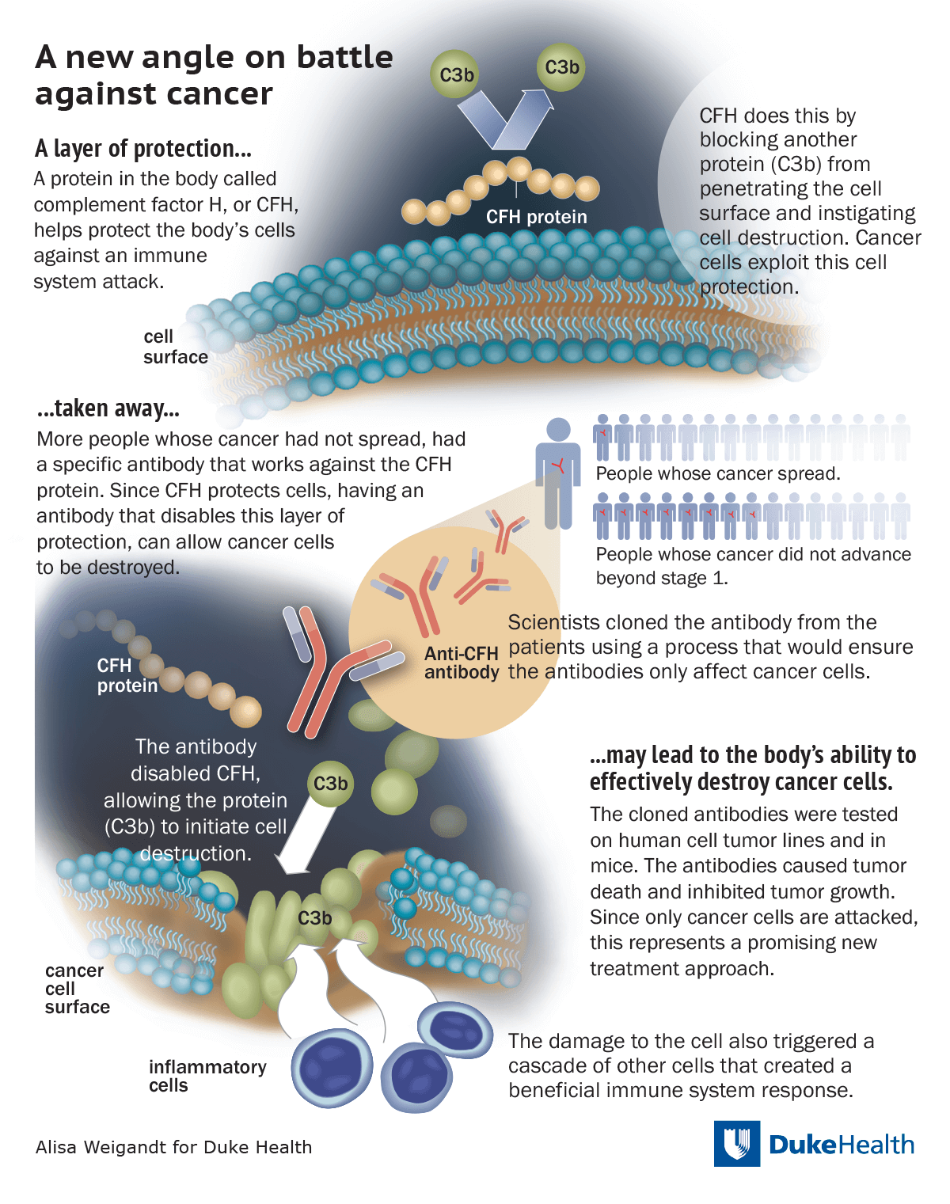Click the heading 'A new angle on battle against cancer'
[x=214, y=75]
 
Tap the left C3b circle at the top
[x=456, y=75]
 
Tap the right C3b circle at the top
[x=561, y=68]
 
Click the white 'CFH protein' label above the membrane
[x=536, y=217]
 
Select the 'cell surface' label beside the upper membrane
[x=175, y=347]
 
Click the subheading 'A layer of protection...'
[x=143, y=149]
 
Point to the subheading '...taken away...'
[x=108, y=408]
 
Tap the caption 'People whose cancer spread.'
[x=717, y=473]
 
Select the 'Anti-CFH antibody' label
[x=462, y=663]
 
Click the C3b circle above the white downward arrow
[x=330, y=784]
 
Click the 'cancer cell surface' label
[x=77, y=989]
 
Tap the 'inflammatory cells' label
[x=207, y=1076]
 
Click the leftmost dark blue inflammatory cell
[x=332, y=1069]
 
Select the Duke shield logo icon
[x=737, y=1143]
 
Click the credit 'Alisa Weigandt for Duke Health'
[x=173, y=1147]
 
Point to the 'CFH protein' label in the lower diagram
[x=127, y=675]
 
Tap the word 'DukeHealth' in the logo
[x=841, y=1145]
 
